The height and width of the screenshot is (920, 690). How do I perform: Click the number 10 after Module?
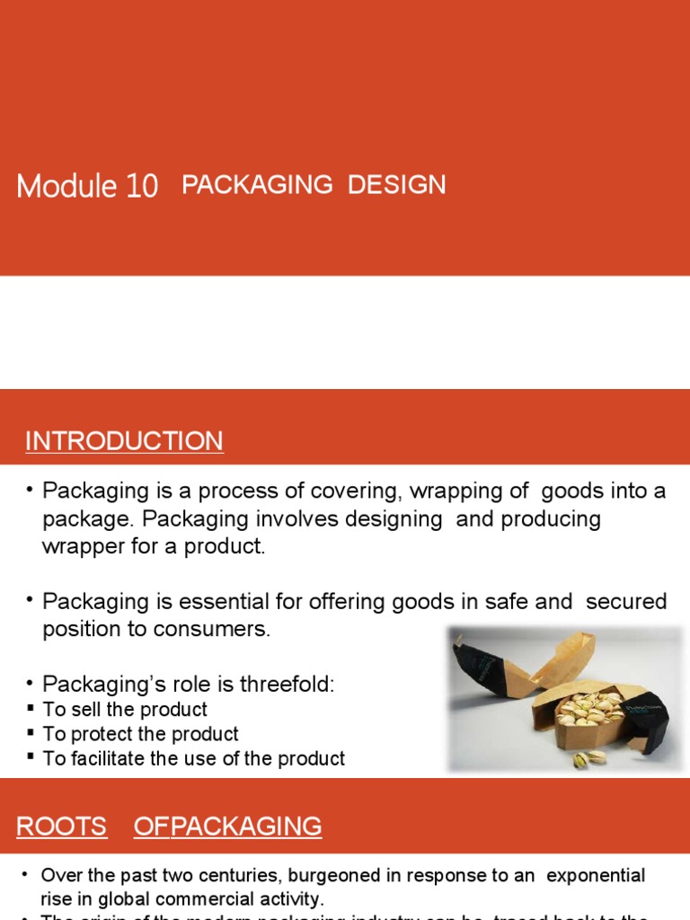click(142, 186)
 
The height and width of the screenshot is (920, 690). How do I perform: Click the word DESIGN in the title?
click(396, 184)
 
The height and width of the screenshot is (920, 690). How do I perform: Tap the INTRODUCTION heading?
click(124, 441)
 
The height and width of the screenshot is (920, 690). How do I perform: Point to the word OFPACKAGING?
click(227, 827)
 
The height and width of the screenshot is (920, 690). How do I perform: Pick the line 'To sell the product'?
click(125, 710)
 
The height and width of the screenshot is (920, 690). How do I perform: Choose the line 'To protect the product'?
click(140, 734)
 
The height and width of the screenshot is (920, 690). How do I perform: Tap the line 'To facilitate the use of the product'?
click(193, 758)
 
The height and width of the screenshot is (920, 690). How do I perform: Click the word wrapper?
click(84, 546)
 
